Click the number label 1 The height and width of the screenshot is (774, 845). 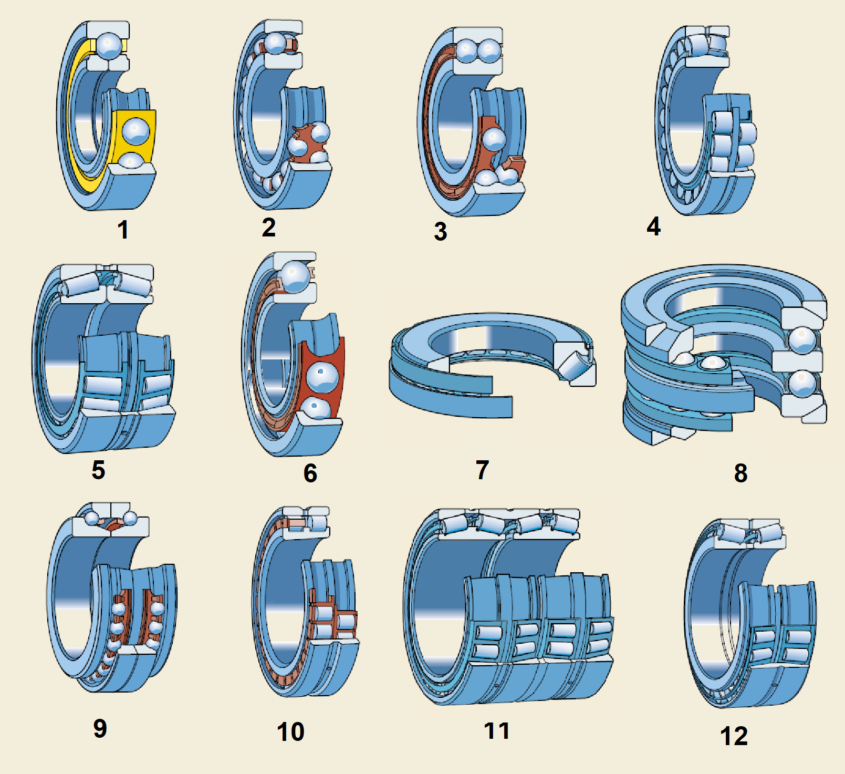(x=123, y=230)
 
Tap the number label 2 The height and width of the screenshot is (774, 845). (x=268, y=227)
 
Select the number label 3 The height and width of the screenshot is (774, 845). (x=441, y=231)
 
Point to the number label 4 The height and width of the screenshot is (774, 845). (x=653, y=226)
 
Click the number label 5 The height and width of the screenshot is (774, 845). (x=98, y=470)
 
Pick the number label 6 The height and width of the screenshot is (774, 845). (x=310, y=473)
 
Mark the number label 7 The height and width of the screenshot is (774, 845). (x=482, y=470)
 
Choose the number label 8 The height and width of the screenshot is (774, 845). (x=740, y=473)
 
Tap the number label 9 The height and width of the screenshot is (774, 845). (x=100, y=728)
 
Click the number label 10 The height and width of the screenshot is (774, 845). (x=290, y=731)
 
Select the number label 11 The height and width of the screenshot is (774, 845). (x=496, y=730)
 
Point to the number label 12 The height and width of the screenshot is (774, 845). (x=734, y=736)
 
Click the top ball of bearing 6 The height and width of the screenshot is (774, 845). (x=296, y=276)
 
